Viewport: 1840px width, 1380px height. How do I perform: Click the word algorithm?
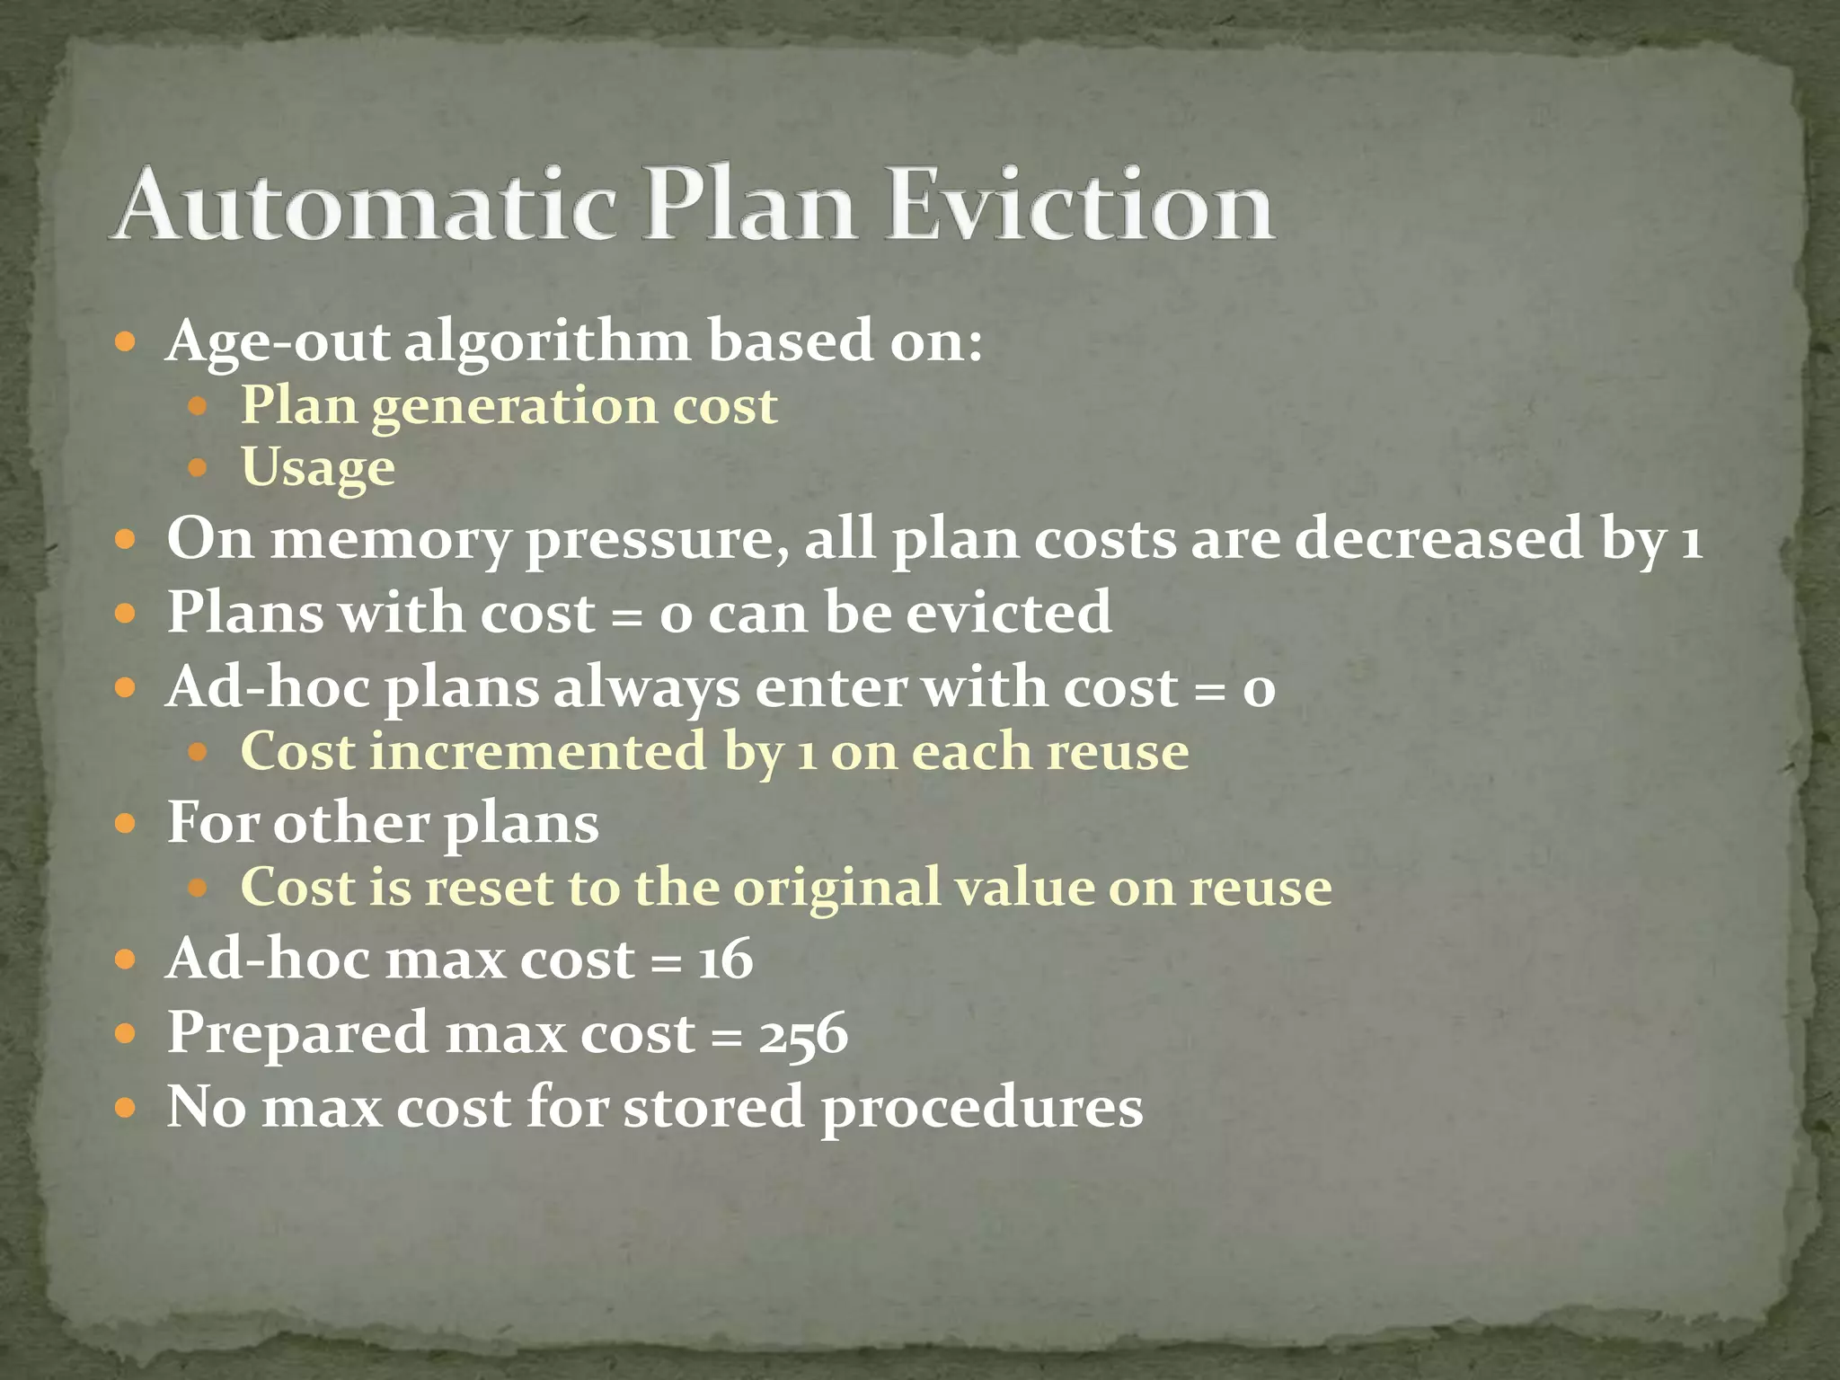click(547, 342)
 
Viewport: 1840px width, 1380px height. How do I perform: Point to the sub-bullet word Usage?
click(318, 468)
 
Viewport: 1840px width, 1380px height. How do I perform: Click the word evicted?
click(1008, 612)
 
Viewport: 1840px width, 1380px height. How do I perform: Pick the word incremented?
click(538, 751)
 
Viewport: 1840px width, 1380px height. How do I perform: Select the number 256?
click(802, 1032)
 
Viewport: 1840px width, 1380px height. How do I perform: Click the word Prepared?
click(297, 1033)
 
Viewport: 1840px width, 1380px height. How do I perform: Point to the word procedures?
click(981, 1107)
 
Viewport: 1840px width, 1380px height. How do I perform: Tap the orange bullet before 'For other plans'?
click(126, 823)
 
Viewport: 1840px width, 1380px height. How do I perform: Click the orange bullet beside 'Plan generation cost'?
click(199, 406)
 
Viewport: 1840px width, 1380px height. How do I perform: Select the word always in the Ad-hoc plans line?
click(646, 688)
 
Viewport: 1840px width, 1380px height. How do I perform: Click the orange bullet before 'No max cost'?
click(126, 1107)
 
